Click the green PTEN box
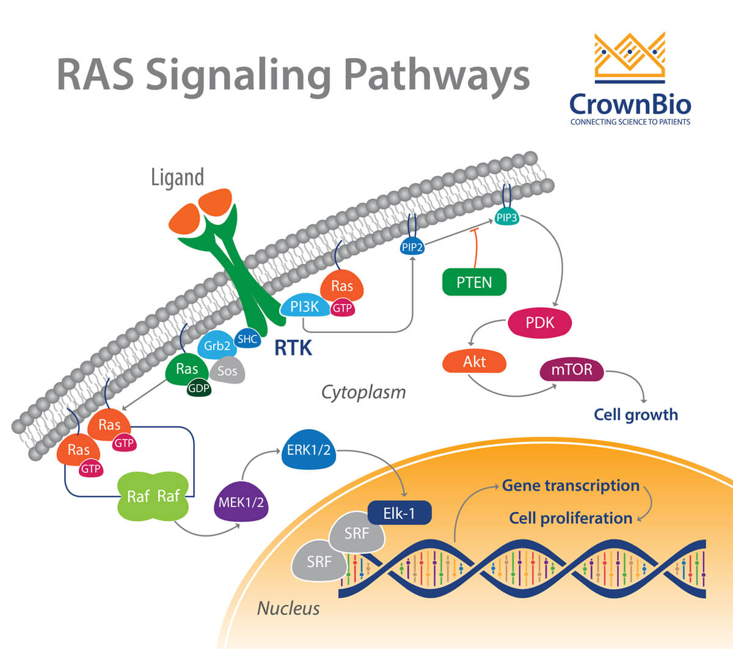(474, 282)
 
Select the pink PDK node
(540, 323)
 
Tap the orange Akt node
(474, 361)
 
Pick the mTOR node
(572, 370)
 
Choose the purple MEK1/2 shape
(241, 502)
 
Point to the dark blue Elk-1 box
(399, 513)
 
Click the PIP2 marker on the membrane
(412, 248)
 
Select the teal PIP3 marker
(506, 217)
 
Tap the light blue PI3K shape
(304, 307)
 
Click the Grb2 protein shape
(216, 346)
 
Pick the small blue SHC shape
(247, 339)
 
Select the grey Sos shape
(227, 370)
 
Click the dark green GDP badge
(199, 388)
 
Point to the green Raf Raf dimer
(153, 496)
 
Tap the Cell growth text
(635, 415)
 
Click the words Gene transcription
(570, 486)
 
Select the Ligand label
(177, 177)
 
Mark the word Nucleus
(288, 608)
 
